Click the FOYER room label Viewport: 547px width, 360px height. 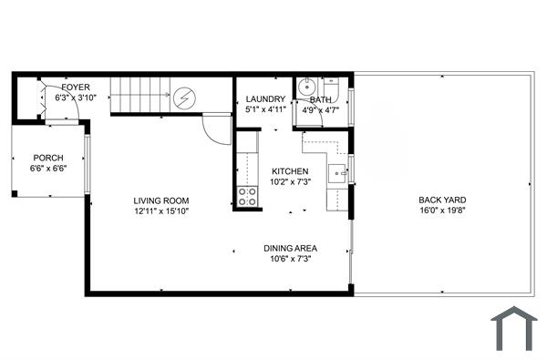coord(76,87)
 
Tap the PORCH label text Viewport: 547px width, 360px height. coord(48,158)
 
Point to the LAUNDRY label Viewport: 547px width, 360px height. coord(266,99)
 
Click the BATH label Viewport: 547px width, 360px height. coord(320,99)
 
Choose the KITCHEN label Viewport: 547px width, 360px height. coord(290,171)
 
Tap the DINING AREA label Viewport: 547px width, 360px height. coord(290,248)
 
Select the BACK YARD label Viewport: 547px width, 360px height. coord(440,201)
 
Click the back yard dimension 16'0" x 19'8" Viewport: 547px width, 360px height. coord(440,211)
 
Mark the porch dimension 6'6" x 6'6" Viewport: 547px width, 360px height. coord(48,169)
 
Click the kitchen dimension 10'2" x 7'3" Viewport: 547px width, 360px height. coord(290,182)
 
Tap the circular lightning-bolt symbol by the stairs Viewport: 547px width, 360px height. coord(185,97)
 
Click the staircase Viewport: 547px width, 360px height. coord(139,95)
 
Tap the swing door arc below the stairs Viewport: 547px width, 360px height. coord(216,129)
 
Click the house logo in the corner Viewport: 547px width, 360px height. coord(513,329)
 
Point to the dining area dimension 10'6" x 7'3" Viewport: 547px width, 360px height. coord(290,259)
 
